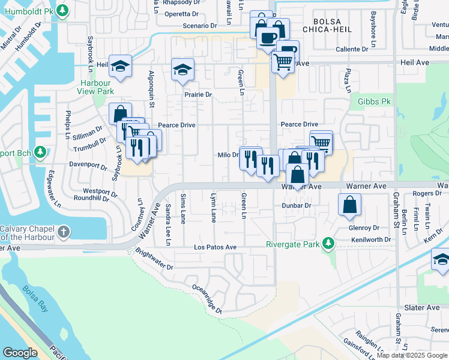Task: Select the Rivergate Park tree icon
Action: pos(328,244)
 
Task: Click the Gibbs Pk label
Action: pos(375,101)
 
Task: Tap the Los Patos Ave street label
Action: pos(215,247)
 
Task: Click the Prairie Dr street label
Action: pos(198,95)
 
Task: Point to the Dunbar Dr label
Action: pos(296,205)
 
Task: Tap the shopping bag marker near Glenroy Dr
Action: pos(349,205)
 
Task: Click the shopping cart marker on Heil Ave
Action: pos(283,61)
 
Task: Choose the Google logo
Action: pos(20,353)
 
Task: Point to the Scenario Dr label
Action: pos(199,26)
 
